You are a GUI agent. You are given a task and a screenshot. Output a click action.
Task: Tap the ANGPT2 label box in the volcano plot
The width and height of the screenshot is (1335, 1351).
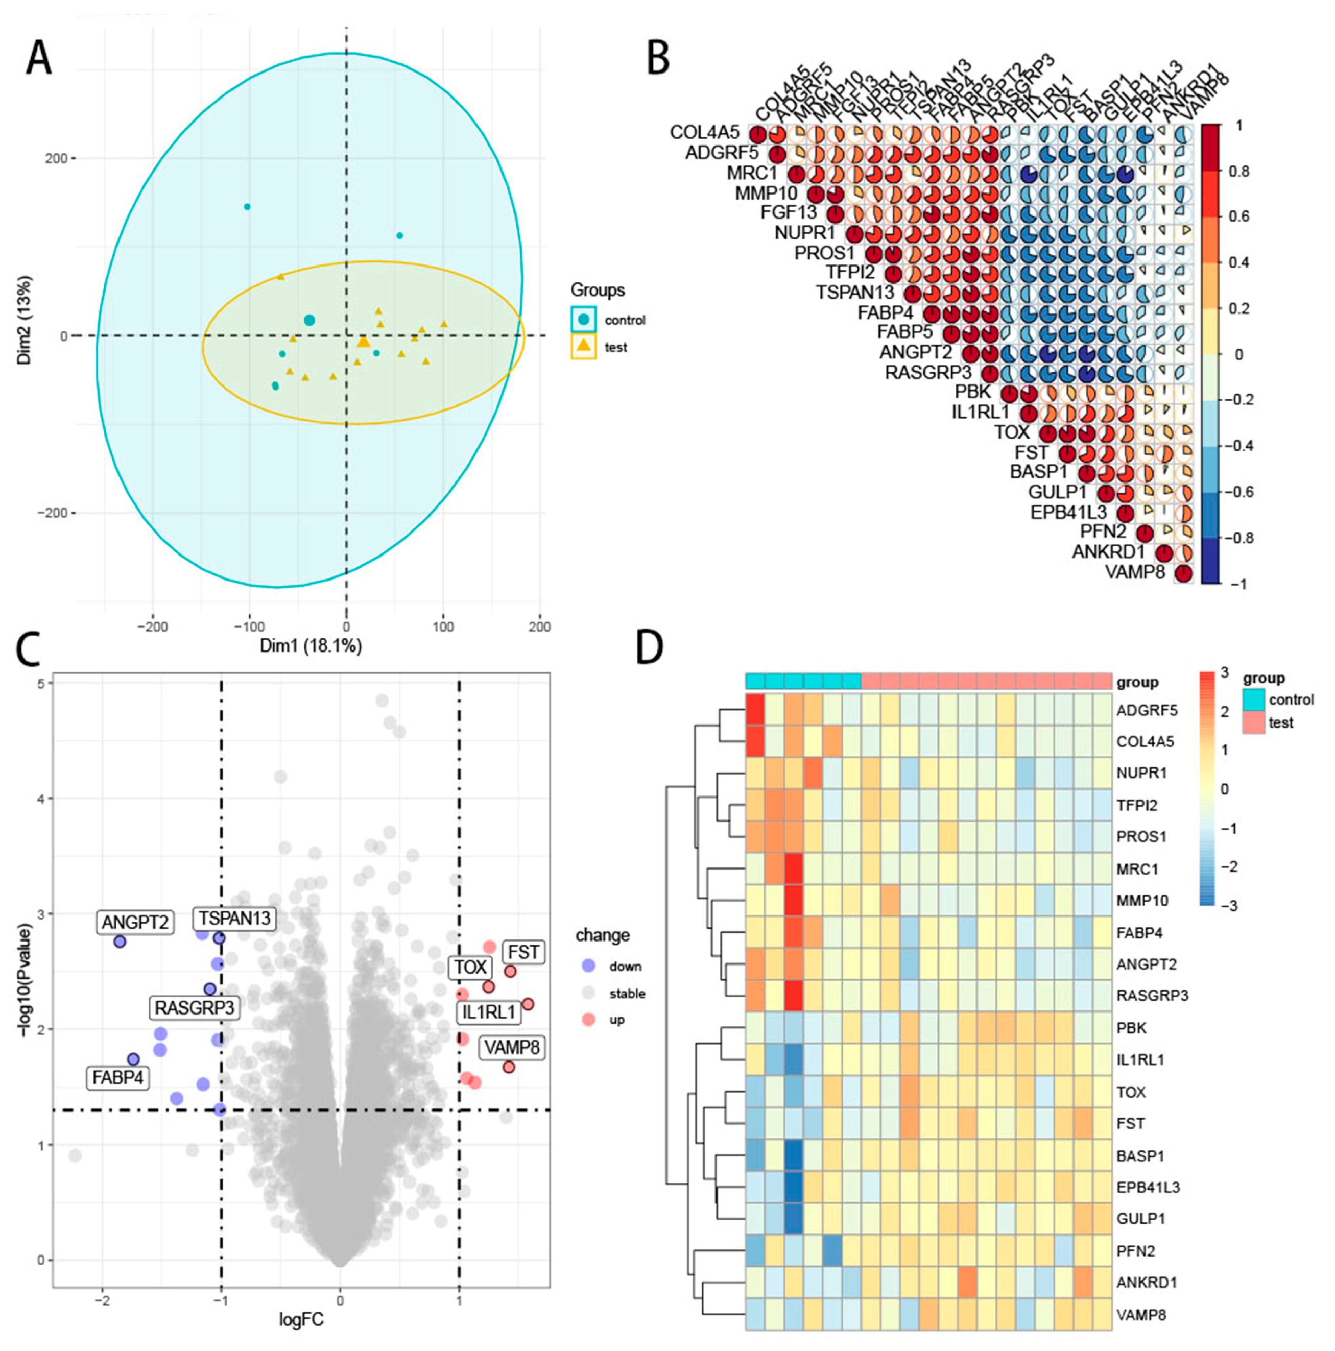point(135,922)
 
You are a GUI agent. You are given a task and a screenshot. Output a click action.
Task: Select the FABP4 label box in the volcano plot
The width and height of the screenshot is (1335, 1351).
point(117,1077)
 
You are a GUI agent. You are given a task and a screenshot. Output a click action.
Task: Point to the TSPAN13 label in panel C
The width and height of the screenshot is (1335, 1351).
point(234,918)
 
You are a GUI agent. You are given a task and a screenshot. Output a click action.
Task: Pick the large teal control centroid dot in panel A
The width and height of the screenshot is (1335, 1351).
point(309,320)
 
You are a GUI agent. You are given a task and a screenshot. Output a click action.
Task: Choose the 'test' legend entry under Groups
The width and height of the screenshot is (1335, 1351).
point(615,348)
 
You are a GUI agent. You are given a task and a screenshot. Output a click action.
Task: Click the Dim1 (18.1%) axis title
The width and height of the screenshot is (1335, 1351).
point(311,645)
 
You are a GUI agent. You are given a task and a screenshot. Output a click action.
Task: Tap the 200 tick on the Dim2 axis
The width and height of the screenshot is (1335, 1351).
point(56,159)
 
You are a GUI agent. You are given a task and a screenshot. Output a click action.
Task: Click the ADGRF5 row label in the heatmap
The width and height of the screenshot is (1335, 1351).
point(1146,710)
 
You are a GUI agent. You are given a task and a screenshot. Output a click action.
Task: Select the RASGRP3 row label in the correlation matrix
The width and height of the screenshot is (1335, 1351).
point(927,373)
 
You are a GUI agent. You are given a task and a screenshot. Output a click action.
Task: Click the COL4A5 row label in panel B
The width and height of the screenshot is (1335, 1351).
point(704,132)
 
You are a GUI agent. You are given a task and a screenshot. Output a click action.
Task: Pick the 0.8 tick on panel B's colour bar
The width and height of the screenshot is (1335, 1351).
point(1238,172)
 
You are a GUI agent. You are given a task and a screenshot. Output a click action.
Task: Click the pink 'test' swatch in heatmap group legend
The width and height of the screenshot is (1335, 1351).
point(1254,722)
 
